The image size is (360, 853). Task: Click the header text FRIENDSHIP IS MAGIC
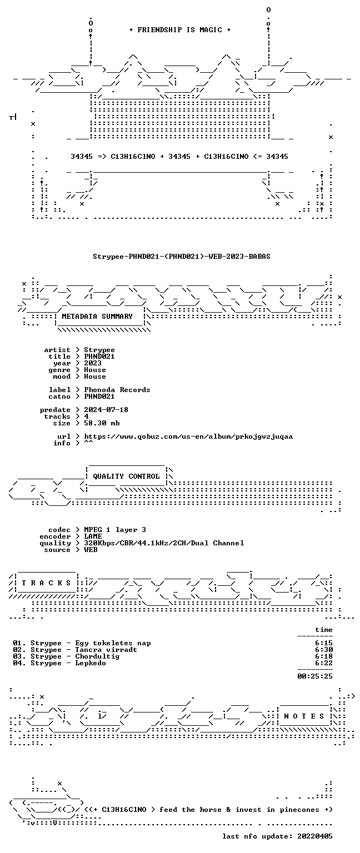(180, 29)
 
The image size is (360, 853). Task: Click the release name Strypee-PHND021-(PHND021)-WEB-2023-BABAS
(182, 256)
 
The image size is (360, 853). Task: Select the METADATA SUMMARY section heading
(97, 316)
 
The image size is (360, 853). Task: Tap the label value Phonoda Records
(117, 389)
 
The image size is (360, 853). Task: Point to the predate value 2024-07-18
(106, 410)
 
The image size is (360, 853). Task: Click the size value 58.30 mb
(102, 423)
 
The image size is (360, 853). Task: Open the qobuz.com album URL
(188, 436)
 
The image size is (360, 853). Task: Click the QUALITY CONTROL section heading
(126, 476)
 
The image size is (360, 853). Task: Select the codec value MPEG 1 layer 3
(115, 530)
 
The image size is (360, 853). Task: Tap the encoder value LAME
(93, 536)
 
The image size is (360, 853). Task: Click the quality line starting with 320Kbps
(164, 543)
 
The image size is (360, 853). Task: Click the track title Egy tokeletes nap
(113, 643)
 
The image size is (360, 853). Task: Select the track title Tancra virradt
(106, 650)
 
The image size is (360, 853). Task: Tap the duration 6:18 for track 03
(324, 656)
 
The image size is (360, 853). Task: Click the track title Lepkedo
(91, 663)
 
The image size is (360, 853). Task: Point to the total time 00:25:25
(315, 676)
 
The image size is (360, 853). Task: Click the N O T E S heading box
(304, 716)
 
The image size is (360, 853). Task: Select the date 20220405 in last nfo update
(315, 836)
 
